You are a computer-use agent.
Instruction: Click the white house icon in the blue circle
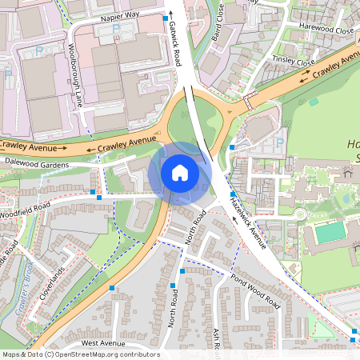point(180,172)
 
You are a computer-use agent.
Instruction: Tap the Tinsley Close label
point(294,60)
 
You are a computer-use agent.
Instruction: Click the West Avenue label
point(102,342)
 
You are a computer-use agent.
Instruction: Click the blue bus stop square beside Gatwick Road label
point(166,17)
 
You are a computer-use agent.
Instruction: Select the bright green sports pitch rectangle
point(330,233)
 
